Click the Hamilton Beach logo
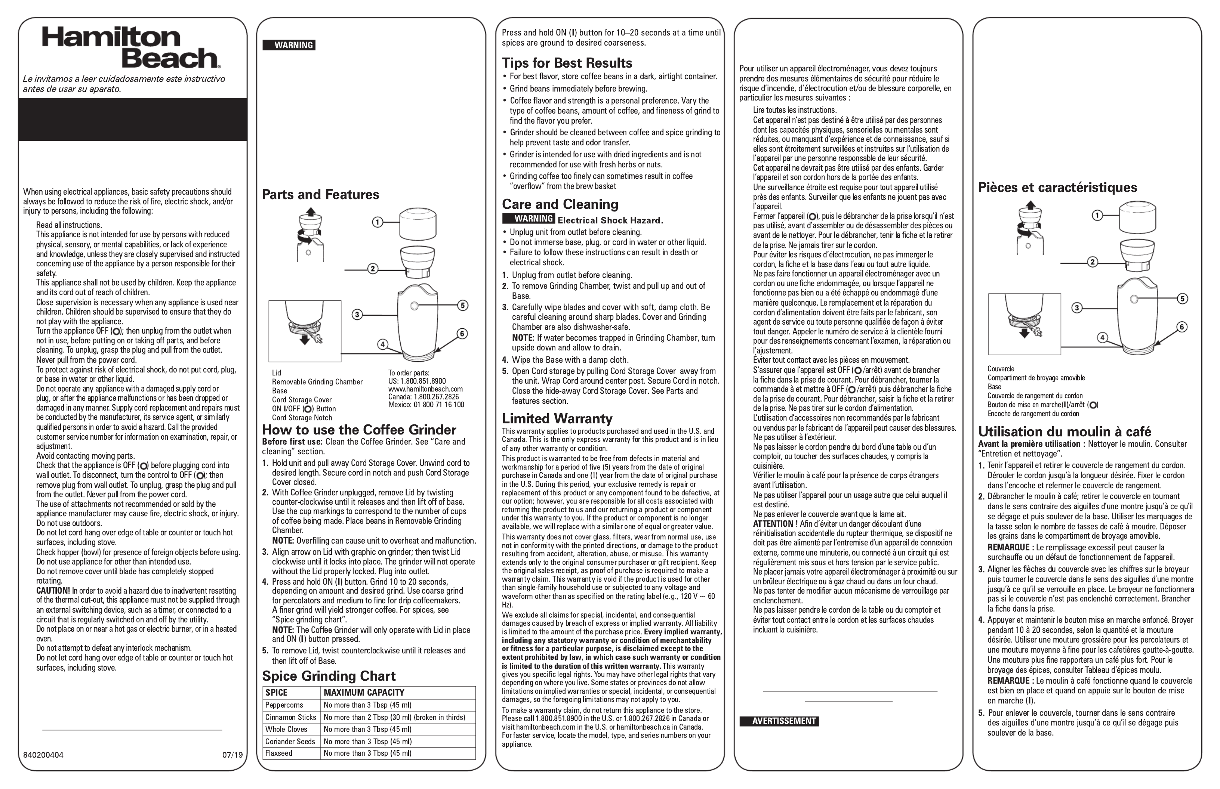tap(131, 48)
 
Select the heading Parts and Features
tap(320, 195)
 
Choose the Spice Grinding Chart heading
tap(329, 676)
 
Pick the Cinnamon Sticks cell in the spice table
tap(291, 717)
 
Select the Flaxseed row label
tap(279, 753)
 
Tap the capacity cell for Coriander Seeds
tap(367, 741)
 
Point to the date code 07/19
tap(232, 755)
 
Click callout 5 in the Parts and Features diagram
tap(462, 306)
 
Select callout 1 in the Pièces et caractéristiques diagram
tap(1097, 215)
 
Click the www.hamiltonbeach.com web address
tap(425, 389)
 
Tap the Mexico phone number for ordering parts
tap(426, 405)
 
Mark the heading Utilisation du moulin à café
tap(1065, 431)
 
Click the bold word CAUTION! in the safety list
tap(53, 591)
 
